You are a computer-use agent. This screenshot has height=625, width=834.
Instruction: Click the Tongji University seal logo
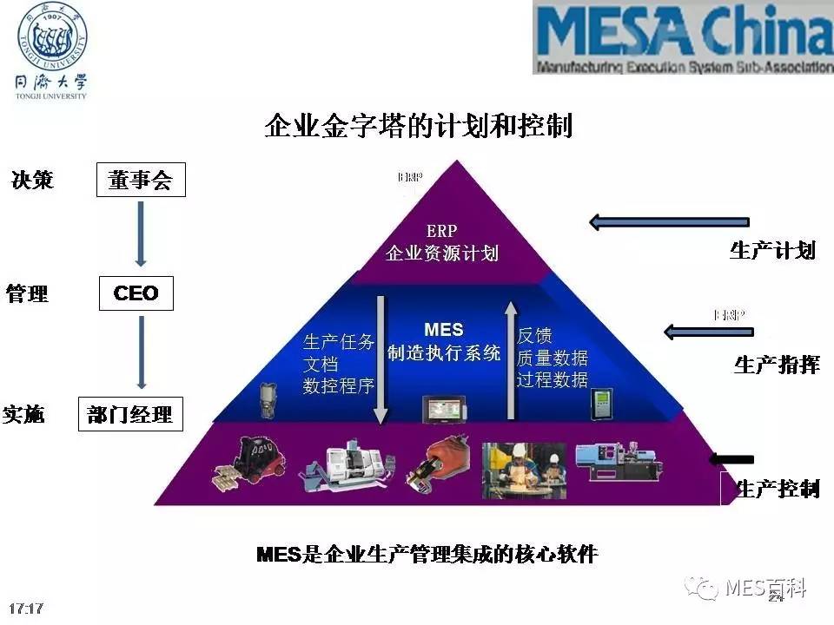click(x=53, y=38)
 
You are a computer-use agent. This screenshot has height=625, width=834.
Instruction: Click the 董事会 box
click(x=141, y=181)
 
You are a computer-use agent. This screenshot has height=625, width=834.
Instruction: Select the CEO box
click(x=136, y=293)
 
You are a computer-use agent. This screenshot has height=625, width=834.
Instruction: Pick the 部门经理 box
click(x=129, y=415)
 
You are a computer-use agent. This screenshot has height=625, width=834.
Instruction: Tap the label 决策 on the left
click(x=32, y=180)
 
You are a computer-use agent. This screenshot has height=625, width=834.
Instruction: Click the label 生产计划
click(x=772, y=251)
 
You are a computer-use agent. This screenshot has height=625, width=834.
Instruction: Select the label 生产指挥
click(x=777, y=365)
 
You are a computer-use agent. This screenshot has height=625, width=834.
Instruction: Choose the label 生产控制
click(x=777, y=489)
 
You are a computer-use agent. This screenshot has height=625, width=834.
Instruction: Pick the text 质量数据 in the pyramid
click(x=553, y=358)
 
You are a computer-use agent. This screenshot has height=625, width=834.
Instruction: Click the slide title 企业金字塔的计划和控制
click(x=418, y=127)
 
